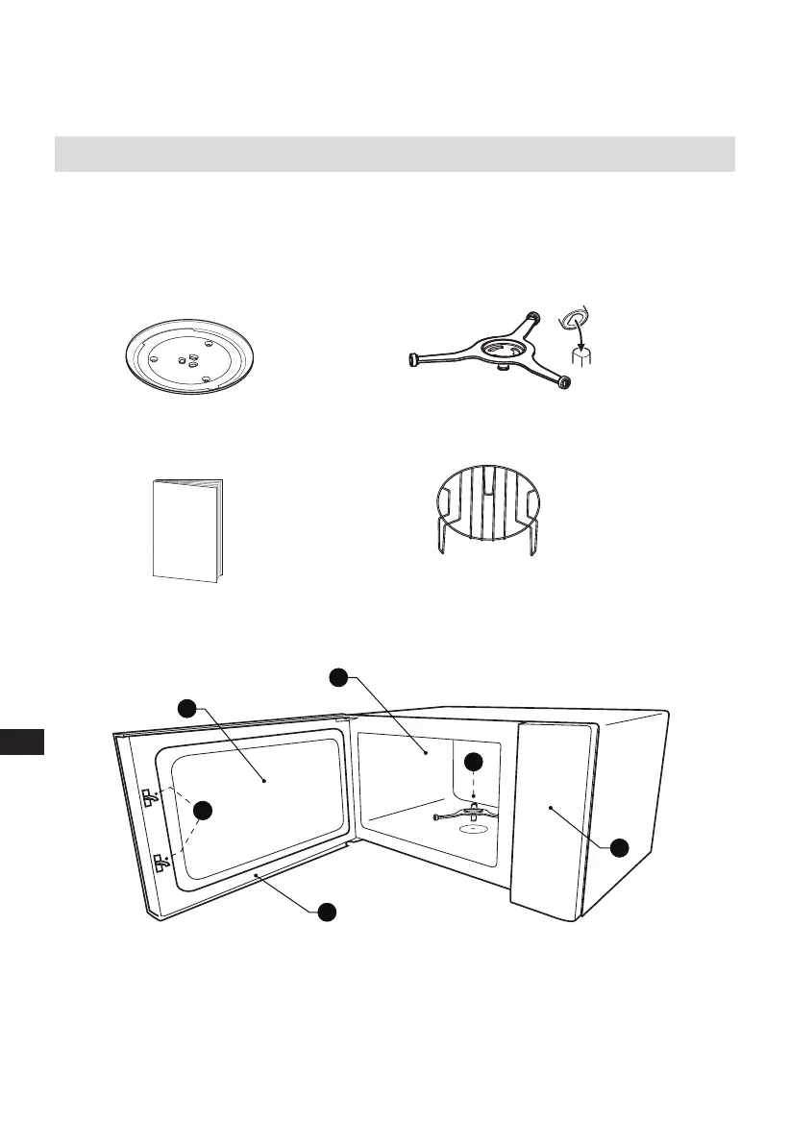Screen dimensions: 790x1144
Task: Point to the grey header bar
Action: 394,154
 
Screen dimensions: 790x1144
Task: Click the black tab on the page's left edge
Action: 22,742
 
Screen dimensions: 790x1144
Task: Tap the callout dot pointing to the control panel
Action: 620,846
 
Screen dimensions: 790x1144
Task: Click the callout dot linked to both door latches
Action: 203,810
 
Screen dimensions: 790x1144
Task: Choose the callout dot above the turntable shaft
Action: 473,762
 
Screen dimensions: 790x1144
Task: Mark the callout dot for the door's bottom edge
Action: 328,911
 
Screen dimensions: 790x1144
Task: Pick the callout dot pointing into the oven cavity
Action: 338,677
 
